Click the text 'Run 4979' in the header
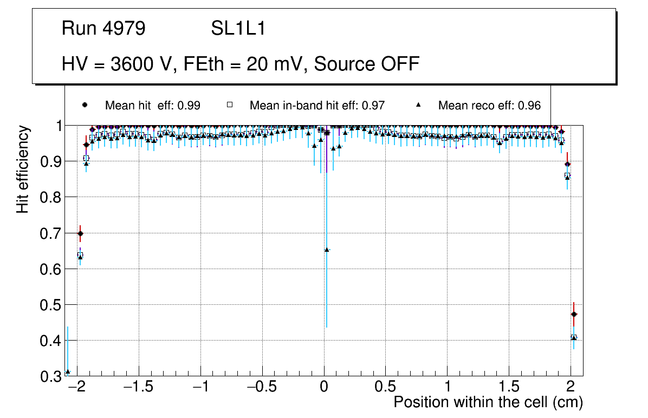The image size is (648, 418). (x=103, y=29)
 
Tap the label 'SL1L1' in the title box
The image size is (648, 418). (x=238, y=29)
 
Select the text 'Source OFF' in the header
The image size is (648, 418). (x=367, y=64)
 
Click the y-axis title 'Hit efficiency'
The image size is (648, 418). (x=22, y=169)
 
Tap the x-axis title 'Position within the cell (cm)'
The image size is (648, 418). (x=488, y=402)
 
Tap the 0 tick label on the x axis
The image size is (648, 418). (x=324, y=388)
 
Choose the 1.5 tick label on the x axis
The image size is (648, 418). (x=509, y=388)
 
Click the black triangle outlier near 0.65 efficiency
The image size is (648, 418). (x=327, y=250)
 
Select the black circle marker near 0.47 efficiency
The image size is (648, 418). (x=574, y=315)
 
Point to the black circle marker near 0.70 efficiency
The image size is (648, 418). (x=80, y=234)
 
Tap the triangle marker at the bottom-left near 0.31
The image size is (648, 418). (x=68, y=372)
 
